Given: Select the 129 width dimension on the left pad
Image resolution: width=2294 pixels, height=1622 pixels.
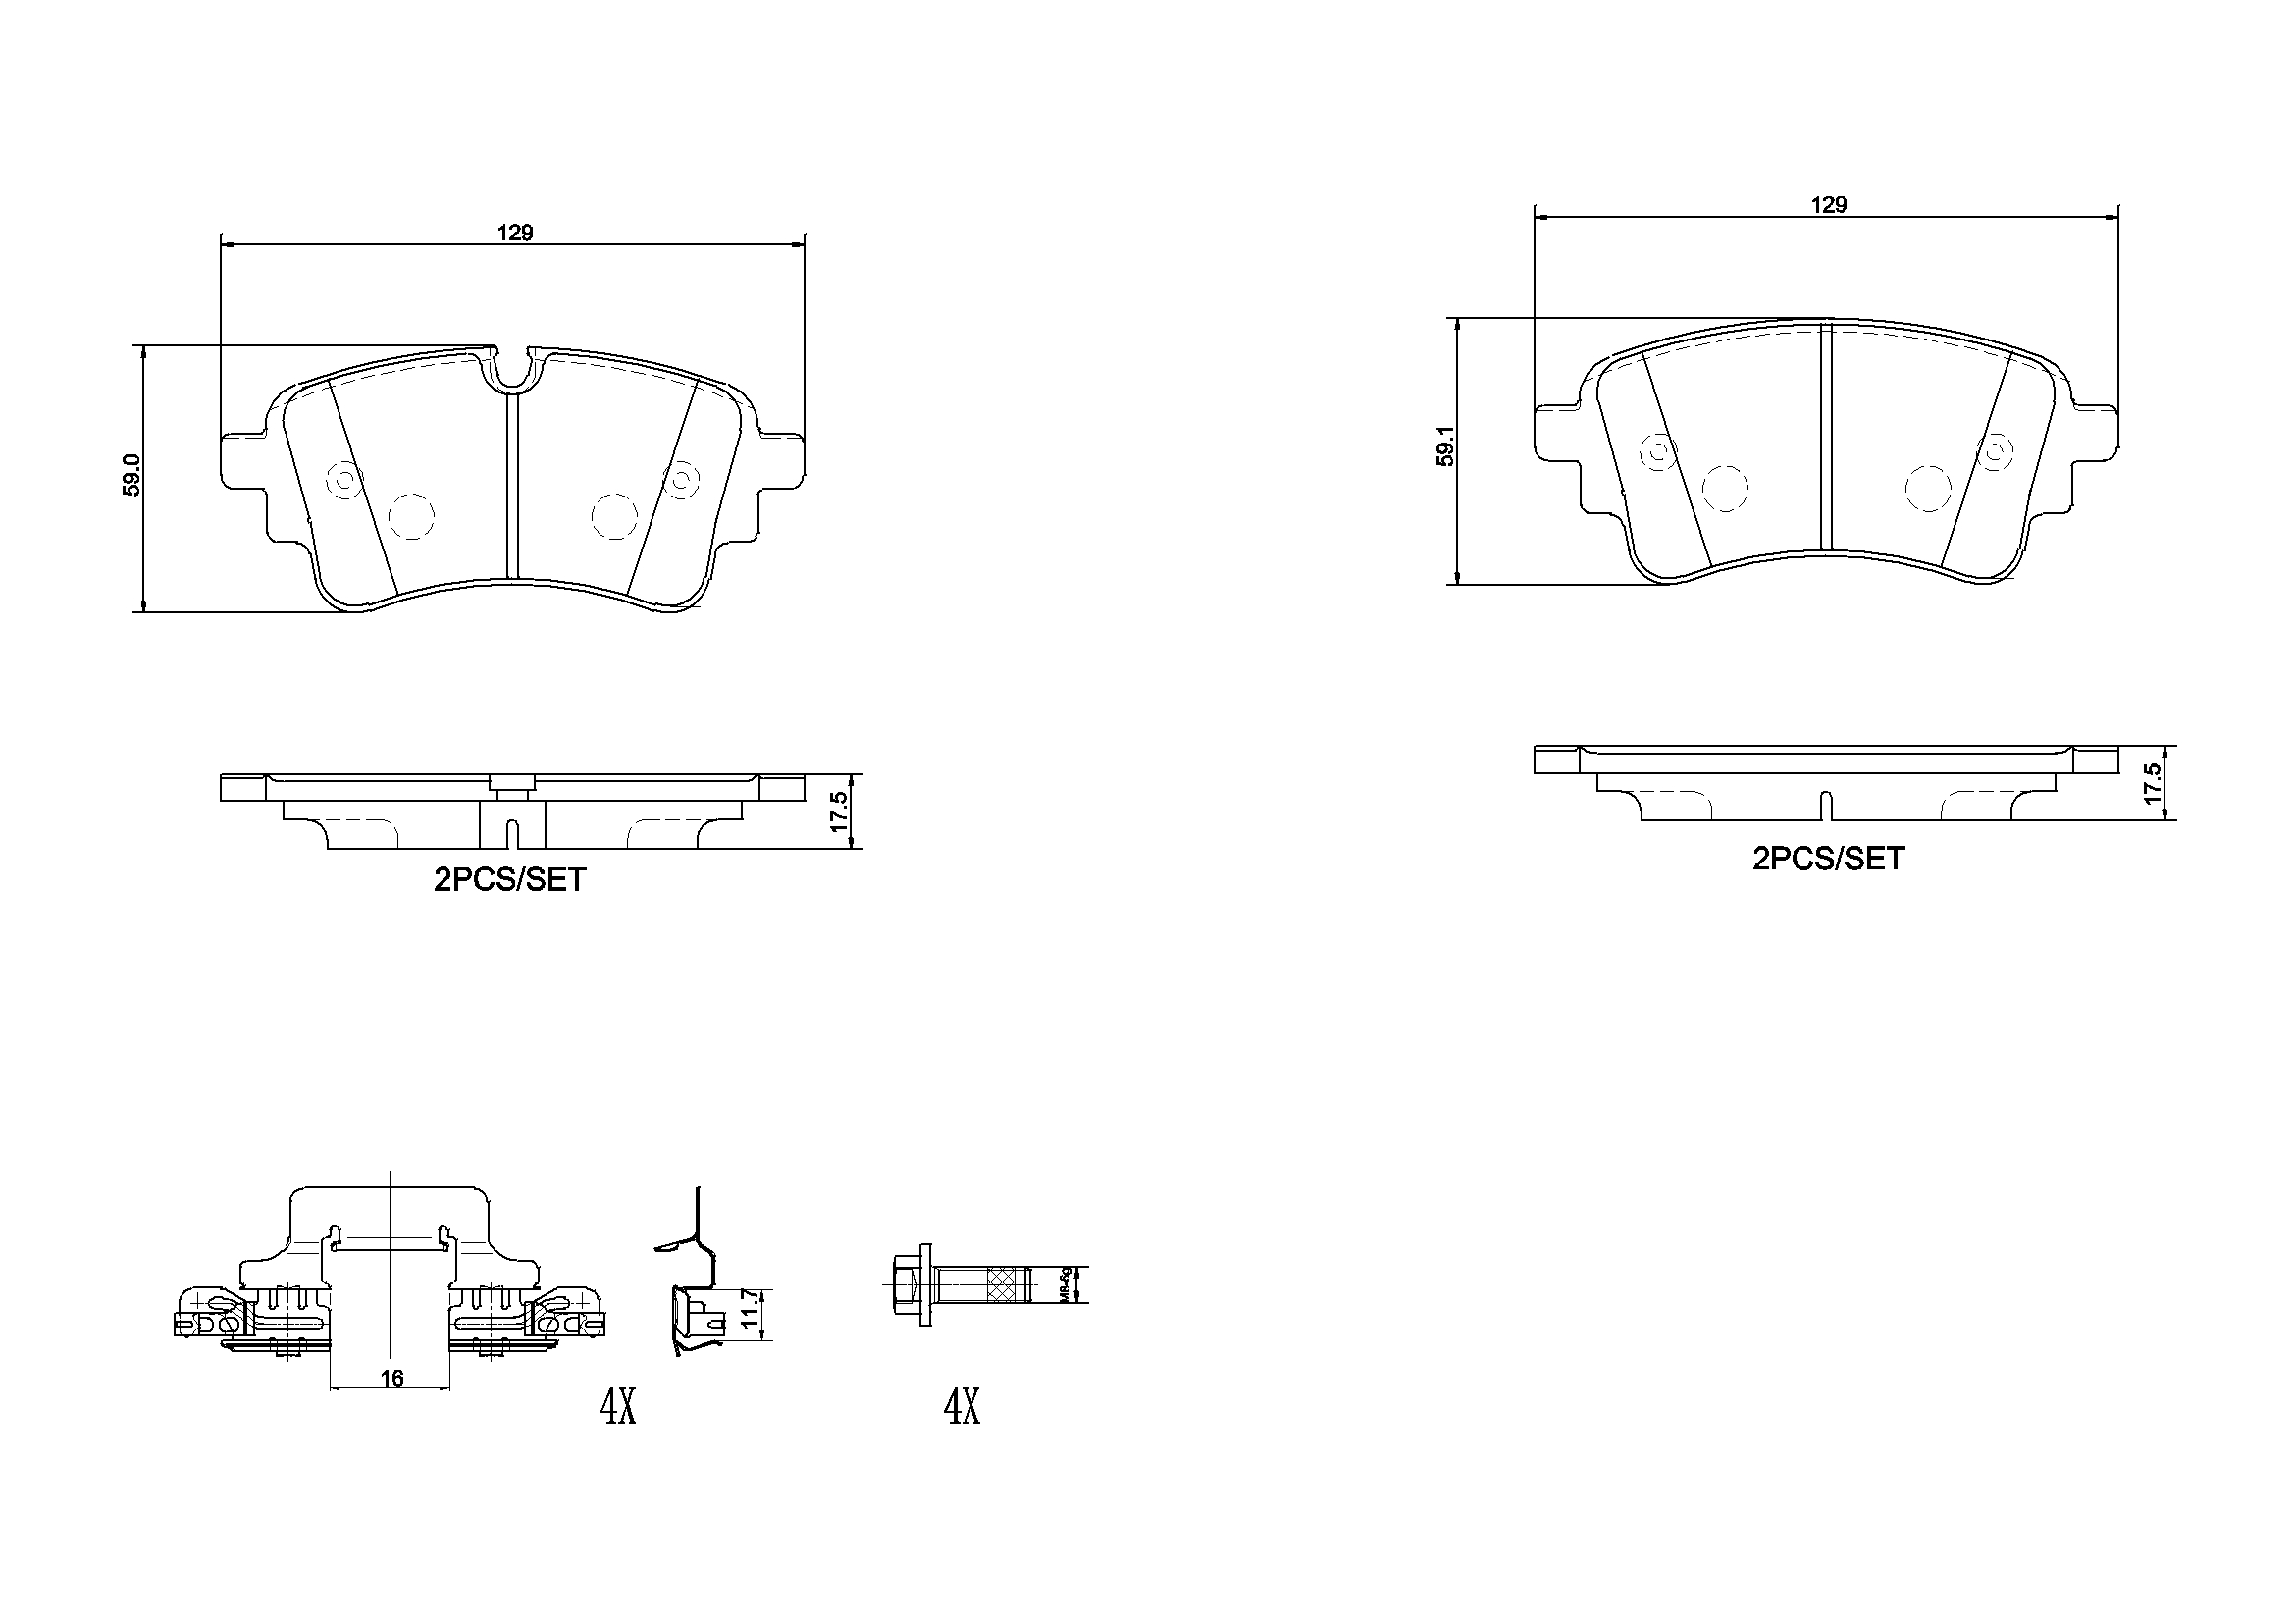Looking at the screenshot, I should pyautogui.click(x=515, y=233).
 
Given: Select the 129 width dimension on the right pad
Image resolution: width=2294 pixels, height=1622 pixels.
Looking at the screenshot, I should pyautogui.click(x=1828, y=205).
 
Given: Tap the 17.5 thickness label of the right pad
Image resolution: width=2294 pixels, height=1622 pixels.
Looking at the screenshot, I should pyautogui.click(x=2152, y=785).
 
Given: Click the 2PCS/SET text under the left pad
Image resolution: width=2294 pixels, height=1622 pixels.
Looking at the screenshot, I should pyautogui.click(x=509, y=880).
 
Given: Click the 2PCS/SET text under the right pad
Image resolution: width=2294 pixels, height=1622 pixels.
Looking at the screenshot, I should pyautogui.click(x=1828, y=859).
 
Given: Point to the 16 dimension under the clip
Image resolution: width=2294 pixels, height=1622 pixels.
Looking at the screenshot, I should pyautogui.click(x=391, y=1378).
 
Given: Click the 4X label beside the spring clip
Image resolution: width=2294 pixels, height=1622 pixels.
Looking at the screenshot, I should pyautogui.click(x=617, y=1408).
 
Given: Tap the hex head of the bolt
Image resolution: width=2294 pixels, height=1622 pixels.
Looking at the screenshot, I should pyautogui.click(x=906, y=1285).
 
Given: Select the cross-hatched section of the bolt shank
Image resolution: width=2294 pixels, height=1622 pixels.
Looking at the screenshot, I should pyautogui.click(x=1007, y=1285).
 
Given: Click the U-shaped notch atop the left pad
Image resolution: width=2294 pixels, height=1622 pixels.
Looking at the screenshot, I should pyautogui.click(x=511, y=370).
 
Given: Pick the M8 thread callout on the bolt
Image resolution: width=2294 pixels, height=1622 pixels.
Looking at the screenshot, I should pyautogui.click(x=1067, y=1285).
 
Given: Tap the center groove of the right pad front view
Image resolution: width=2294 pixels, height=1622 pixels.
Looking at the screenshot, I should pyautogui.click(x=1824, y=440).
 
